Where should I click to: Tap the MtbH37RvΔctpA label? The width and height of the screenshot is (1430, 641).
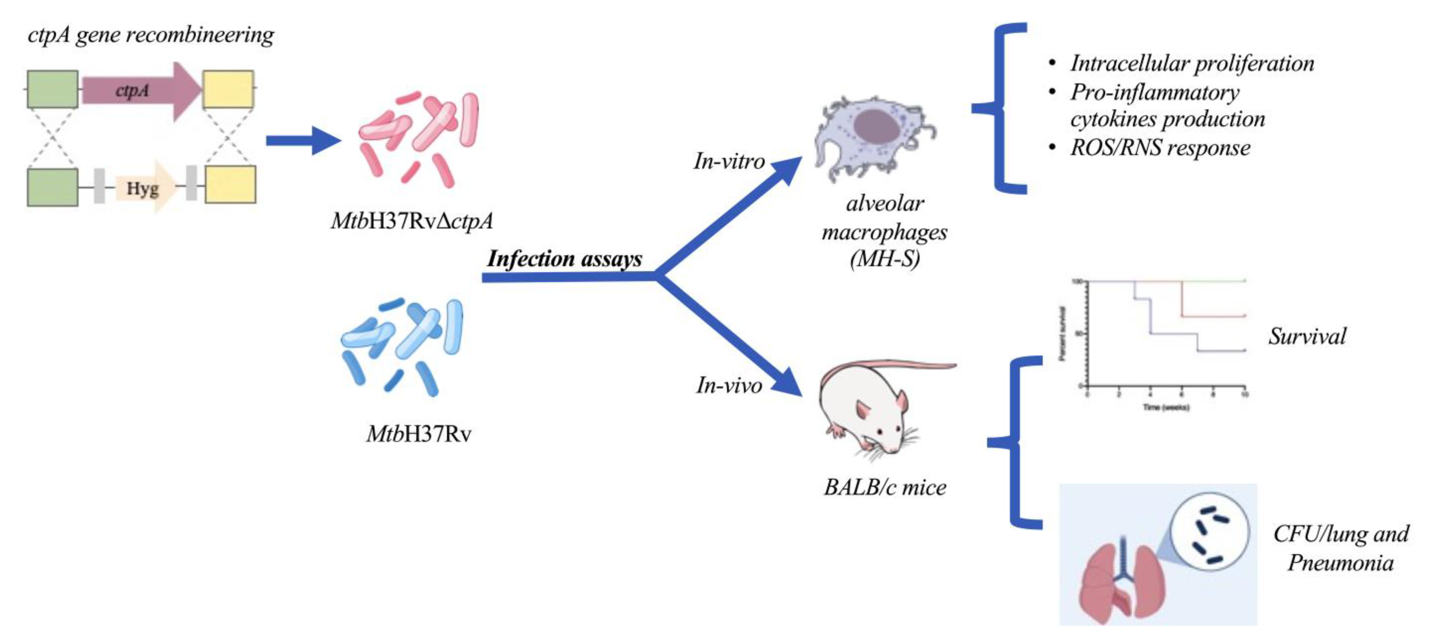click(411, 221)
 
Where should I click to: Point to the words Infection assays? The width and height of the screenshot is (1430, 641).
click(564, 259)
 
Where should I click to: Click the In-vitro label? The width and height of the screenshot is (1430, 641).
click(729, 162)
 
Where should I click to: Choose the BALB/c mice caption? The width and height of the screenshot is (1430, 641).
click(885, 487)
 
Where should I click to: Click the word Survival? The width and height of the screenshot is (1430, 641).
click(1307, 336)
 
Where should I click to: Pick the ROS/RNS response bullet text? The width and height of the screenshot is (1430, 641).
click(1160, 148)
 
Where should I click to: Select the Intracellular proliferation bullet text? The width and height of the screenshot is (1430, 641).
click(1192, 63)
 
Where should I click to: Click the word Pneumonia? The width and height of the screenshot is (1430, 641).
click(1340, 563)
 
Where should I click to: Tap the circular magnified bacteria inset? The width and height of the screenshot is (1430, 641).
click(1210, 532)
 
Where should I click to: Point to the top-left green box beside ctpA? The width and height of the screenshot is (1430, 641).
click(53, 89)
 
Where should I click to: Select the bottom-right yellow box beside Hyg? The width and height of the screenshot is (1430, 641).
click(231, 184)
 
